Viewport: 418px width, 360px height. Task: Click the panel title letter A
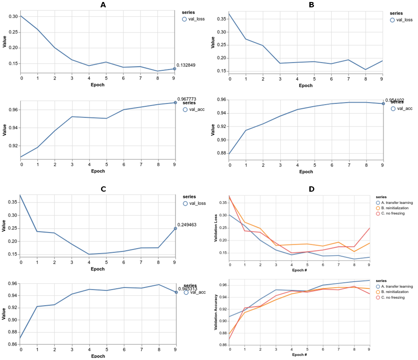click(103, 5)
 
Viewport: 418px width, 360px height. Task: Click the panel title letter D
click(311, 189)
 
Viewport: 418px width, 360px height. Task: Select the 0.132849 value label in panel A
click(186, 65)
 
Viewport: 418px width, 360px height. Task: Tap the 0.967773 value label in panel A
click(187, 99)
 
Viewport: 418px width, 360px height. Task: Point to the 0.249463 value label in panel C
click(187, 225)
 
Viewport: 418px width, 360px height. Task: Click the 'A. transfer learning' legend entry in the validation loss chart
click(394, 203)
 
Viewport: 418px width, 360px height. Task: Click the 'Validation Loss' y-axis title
click(216, 228)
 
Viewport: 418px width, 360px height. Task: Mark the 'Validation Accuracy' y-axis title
click(216, 312)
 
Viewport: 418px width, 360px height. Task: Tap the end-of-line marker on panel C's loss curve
click(175, 228)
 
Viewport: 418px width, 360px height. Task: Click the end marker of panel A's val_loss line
click(174, 69)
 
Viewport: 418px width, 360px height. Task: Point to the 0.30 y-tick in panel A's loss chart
click(13, 16)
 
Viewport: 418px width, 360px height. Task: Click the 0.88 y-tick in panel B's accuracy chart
click(221, 153)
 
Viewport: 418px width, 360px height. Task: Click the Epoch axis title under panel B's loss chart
click(306, 86)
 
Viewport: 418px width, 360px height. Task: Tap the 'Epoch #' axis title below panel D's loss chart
click(299, 270)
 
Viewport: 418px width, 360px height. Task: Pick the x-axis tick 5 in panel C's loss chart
click(106, 262)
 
